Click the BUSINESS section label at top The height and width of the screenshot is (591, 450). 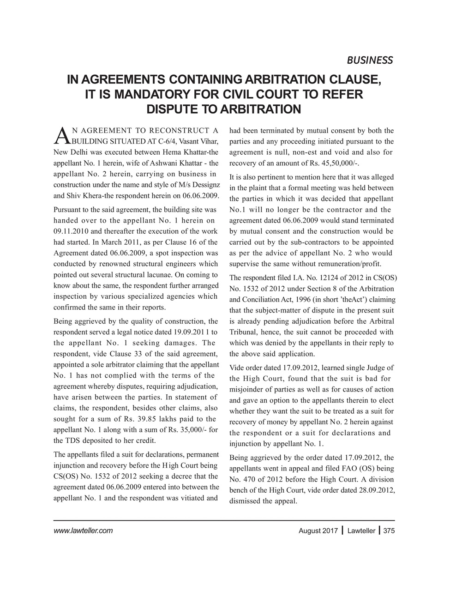pos(369,60)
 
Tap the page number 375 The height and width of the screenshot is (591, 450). pos(389,531)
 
